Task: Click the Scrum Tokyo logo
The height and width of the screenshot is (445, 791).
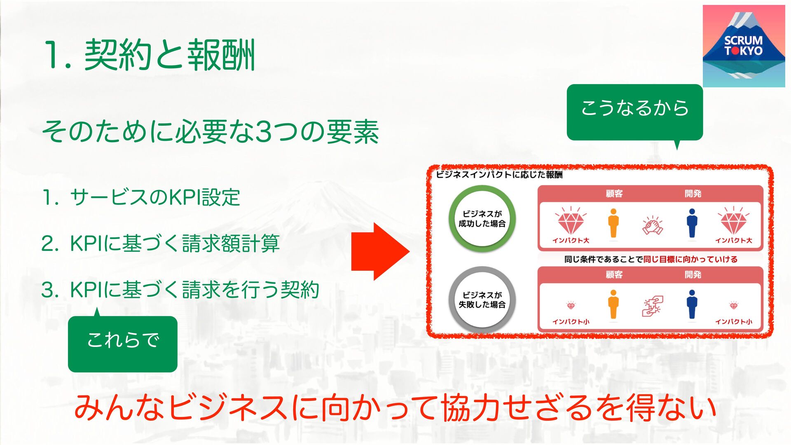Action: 744,46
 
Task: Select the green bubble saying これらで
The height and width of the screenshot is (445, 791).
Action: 122,344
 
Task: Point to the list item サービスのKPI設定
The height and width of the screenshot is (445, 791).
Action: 154,197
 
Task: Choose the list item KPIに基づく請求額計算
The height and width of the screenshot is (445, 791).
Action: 175,243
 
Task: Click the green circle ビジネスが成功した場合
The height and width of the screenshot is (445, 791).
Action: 482,219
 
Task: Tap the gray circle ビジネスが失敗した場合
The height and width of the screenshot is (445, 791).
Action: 482,300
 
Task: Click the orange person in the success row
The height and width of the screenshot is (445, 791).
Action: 613,223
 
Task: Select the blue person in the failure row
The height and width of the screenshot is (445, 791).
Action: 692,304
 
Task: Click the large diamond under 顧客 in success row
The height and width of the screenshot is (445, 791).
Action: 571,222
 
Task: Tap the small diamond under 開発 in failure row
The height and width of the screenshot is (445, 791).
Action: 734,306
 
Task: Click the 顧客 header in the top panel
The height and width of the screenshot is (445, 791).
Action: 614,194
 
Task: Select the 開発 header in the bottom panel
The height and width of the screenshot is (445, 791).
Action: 693,274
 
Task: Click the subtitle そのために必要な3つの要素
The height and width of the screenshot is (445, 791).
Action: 210,132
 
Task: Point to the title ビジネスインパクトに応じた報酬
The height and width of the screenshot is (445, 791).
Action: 499,175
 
